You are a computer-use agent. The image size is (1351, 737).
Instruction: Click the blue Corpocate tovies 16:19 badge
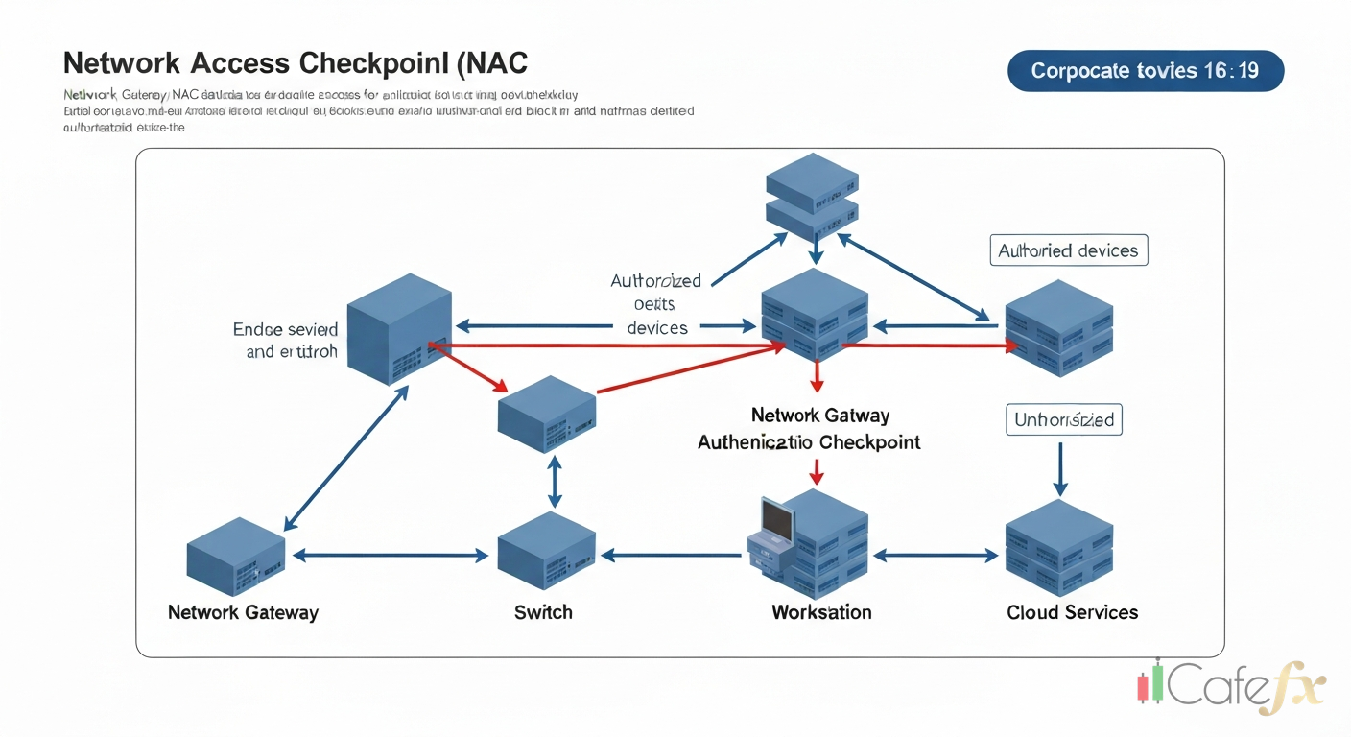(1145, 71)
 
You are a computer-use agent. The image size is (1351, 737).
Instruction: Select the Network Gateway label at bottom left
(243, 612)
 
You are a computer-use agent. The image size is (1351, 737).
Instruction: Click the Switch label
(543, 612)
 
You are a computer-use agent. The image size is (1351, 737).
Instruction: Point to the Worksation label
(821, 612)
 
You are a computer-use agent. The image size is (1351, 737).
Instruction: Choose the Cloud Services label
(1072, 612)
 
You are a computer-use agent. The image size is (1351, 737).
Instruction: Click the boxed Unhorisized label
(1063, 419)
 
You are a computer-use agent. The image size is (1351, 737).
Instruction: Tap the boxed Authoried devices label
(1068, 250)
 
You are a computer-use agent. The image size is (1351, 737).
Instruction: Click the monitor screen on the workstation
(778, 520)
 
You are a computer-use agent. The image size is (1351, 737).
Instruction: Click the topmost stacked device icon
(812, 195)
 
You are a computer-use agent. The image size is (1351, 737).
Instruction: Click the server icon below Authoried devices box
(1058, 327)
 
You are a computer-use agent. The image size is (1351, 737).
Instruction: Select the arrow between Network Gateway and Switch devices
(391, 555)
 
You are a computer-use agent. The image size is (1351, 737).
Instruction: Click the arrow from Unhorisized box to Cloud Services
(1059, 468)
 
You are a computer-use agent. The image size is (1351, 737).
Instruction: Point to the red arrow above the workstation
(816, 471)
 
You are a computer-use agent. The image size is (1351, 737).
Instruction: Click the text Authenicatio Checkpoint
(808, 442)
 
